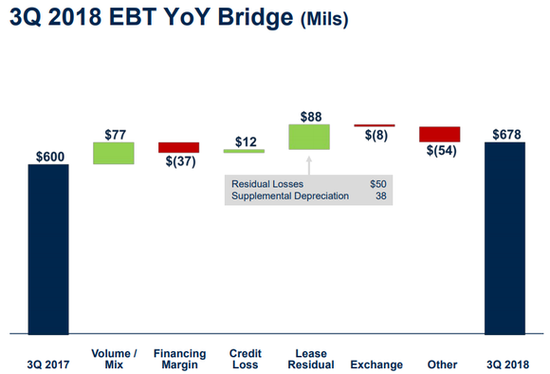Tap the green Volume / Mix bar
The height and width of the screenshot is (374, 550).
[x=113, y=153]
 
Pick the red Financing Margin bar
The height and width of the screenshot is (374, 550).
[x=178, y=147]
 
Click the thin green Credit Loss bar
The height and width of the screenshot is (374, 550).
[x=244, y=151]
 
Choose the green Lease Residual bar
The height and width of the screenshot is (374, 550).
[x=309, y=137]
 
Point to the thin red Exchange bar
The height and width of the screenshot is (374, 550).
[x=375, y=125]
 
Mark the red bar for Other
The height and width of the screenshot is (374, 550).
[x=440, y=134]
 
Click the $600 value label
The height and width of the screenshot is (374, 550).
[x=49, y=156]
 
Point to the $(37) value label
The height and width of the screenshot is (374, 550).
[x=179, y=161]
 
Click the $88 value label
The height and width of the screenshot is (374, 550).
[x=310, y=116]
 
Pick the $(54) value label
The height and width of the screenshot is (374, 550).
[x=441, y=151]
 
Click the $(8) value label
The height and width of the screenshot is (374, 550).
[x=376, y=135]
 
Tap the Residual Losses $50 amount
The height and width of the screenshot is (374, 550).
[x=378, y=182]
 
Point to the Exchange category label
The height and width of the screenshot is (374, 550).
[x=376, y=365]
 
